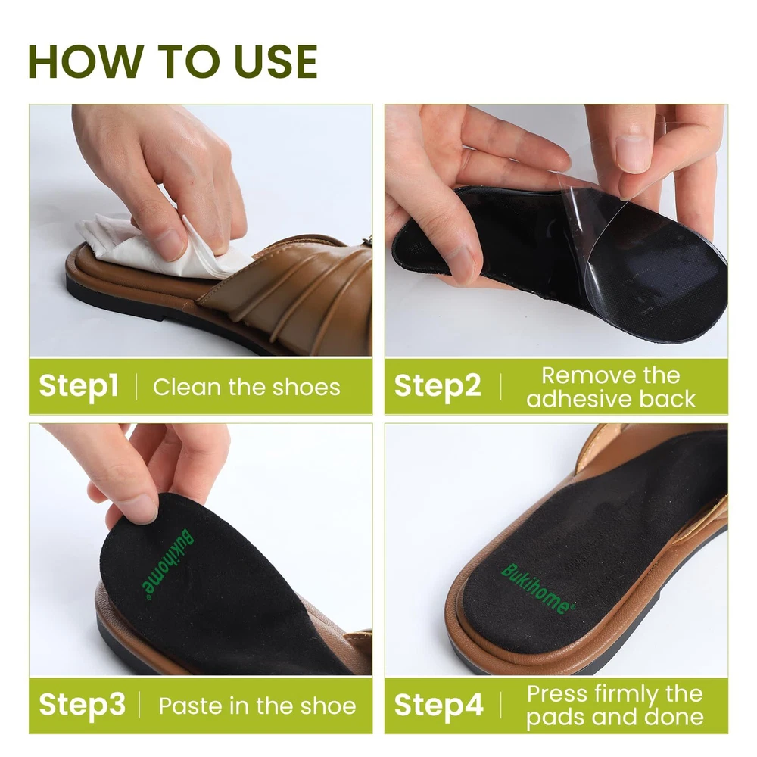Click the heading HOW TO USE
tap(173, 61)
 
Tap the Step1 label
tap(79, 386)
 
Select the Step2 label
tap(438, 386)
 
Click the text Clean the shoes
tap(247, 387)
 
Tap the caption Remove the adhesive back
tap(611, 387)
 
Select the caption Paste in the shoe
tap(257, 706)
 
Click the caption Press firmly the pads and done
tap(615, 706)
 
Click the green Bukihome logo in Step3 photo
tap(167, 565)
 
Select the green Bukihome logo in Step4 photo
tap(538, 589)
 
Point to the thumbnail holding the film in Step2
tap(632, 154)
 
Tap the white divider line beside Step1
tap(136, 387)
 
